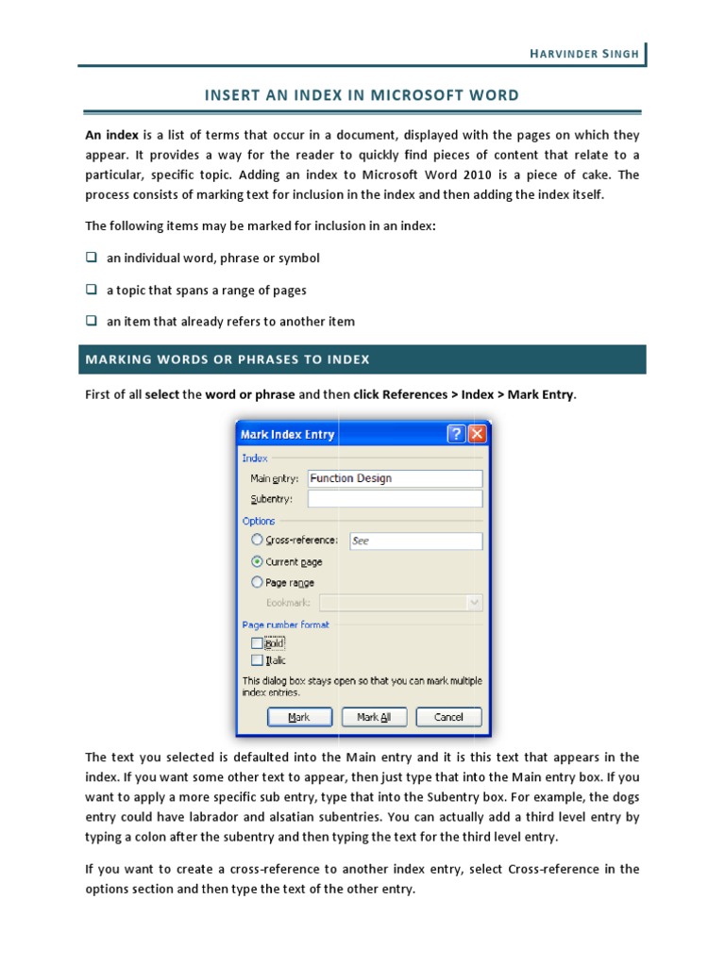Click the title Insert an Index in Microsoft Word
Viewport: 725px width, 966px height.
[362, 95]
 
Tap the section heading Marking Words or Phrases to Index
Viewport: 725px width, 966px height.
[228, 359]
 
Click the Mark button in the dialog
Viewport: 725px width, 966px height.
[298, 717]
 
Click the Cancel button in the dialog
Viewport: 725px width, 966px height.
[448, 717]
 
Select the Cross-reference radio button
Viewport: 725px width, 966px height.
[257, 541]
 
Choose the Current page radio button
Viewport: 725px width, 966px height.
[257, 561]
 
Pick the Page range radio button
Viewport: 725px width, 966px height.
[257, 582]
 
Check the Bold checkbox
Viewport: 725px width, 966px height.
[257, 643]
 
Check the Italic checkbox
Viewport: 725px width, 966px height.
[257, 660]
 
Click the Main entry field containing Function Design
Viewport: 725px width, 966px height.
[395, 478]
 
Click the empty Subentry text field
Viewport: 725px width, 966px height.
[395, 499]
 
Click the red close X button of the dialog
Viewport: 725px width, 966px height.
[477, 434]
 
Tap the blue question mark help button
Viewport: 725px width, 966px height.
[456, 434]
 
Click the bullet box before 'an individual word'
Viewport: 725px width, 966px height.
[92, 258]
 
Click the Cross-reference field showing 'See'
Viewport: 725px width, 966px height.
[415, 541]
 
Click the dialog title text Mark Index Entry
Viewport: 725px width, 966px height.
[288, 435]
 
